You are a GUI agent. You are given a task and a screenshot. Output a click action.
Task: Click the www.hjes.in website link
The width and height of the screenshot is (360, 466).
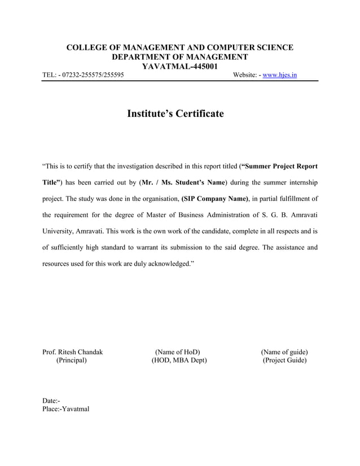(280, 75)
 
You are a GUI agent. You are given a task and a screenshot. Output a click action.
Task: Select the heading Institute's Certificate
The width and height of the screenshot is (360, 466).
(175, 114)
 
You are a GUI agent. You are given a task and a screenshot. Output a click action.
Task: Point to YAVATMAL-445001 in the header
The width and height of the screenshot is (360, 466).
(179, 66)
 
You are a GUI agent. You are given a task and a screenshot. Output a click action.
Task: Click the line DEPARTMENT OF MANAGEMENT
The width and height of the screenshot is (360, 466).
(179, 57)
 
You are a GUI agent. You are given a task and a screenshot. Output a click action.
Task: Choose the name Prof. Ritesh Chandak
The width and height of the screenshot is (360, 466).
(72, 353)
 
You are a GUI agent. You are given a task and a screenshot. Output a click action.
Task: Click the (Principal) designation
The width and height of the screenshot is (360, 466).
(72, 361)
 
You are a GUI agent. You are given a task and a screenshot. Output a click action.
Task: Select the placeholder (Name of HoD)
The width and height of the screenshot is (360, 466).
(178, 353)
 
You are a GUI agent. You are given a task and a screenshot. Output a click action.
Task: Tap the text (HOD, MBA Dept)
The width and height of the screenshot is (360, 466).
(179, 361)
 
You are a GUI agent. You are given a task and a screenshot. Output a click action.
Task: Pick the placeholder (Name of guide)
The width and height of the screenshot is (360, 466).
(284, 353)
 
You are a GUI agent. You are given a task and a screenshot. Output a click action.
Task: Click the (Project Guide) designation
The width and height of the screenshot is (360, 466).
(284, 361)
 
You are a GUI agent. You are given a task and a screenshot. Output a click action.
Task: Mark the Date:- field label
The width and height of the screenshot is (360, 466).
(51, 401)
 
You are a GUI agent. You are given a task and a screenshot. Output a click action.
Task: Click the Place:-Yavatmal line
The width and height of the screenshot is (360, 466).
(65, 409)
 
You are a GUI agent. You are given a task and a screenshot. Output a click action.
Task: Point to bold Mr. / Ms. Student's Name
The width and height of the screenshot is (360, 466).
(183, 183)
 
